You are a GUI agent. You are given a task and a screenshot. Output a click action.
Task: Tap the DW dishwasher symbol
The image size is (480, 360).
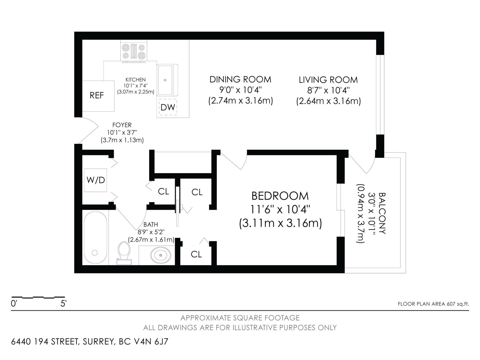(168, 107)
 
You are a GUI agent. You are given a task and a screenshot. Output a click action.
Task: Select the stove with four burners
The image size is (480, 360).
(134, 51)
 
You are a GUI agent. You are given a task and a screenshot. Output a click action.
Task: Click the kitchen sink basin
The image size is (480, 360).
(165, 80)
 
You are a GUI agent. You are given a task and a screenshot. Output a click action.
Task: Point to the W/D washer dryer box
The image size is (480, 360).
(95, 180)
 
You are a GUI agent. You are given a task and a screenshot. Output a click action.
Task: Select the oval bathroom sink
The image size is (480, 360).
(161, 255)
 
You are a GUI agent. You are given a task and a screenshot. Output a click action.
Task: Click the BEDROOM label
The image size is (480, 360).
(280, 196)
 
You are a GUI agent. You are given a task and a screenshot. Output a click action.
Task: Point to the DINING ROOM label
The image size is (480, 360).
(240, 79)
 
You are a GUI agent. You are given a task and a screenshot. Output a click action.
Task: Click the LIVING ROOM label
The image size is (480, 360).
(328, 80)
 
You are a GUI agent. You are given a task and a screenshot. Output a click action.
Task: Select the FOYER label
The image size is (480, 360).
(122, 125)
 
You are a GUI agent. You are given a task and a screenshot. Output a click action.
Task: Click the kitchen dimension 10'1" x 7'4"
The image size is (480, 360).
(136, 86)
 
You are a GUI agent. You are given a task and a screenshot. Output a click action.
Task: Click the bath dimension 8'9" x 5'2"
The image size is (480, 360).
(151, 232)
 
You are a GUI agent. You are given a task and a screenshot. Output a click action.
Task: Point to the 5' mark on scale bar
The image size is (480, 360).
(64, 303)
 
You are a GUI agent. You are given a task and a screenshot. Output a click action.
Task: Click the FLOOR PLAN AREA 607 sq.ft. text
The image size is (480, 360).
(433, 304)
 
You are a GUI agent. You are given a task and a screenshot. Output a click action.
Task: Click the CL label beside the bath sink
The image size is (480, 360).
(196, 254)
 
